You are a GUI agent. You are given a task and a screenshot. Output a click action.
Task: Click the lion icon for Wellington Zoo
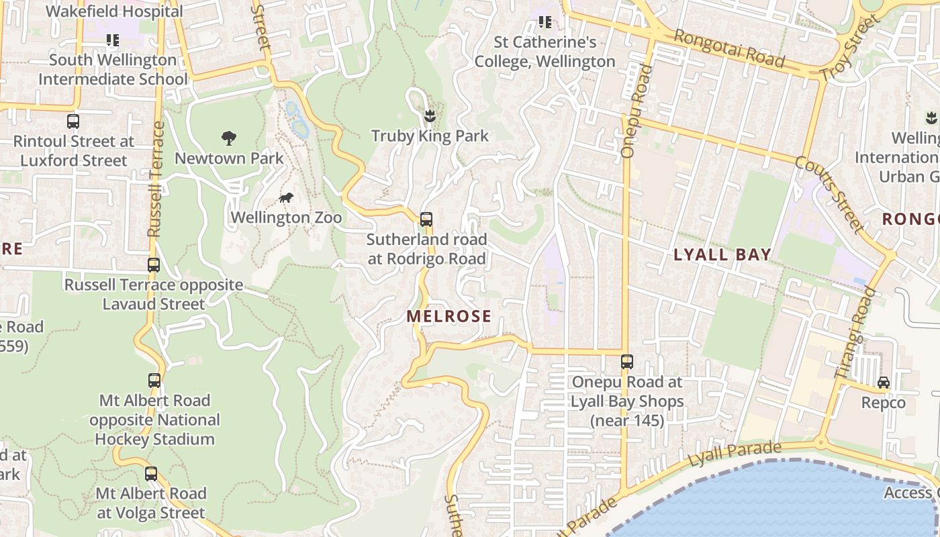286,198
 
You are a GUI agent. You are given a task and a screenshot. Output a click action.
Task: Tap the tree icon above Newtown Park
229,139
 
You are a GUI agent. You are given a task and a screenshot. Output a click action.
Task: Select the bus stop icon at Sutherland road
426,219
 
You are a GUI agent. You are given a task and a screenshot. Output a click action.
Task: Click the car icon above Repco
884,383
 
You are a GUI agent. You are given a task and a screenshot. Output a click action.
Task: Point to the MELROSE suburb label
449,316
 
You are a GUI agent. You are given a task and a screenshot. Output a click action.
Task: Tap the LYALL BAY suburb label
722,254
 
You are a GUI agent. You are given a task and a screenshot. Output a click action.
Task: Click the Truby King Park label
430,136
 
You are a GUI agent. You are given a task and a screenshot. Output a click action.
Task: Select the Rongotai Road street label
729,48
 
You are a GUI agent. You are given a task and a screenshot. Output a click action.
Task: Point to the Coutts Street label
829,195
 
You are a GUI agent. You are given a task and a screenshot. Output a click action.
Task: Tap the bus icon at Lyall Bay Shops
627,362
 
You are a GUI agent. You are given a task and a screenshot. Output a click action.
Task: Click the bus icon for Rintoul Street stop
73,121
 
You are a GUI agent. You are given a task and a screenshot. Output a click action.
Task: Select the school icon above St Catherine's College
545,23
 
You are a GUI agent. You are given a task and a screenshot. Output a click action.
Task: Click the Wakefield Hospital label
114,11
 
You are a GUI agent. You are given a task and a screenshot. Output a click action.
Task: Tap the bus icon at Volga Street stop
151,474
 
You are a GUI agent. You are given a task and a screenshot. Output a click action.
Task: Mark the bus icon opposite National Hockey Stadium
154,381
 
